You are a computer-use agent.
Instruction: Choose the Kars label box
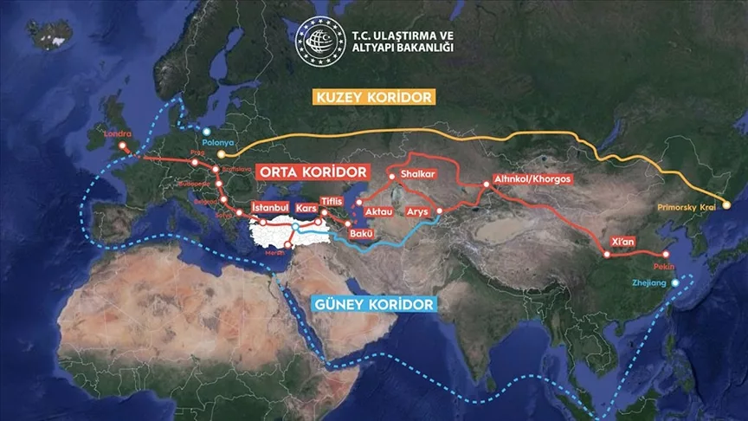[306, 209]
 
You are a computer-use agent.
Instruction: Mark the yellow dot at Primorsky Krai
[726, 204]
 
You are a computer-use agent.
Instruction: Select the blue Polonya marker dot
[206, 131]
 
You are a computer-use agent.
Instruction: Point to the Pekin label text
[665, 269]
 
